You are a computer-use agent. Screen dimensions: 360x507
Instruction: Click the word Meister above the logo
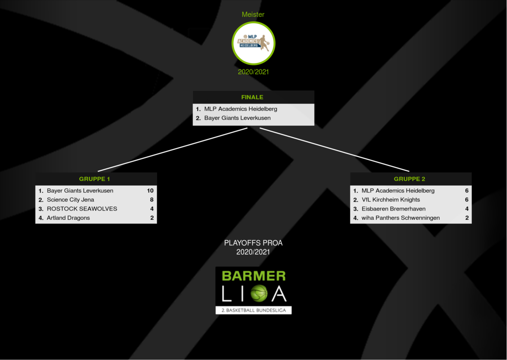click(x=253, y=14)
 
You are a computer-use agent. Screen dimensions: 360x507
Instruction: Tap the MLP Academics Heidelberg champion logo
click(x=253, y=43)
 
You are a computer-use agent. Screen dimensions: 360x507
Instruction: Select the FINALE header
click(x=253, y=97)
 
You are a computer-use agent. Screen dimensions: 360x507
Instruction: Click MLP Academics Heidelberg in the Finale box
click(x=241, y=109)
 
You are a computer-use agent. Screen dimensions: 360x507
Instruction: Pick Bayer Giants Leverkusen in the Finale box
click(x=237, y=118)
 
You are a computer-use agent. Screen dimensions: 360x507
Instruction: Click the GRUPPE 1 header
click(x=96, y=179)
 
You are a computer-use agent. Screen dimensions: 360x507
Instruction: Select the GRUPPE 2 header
click(x=410, y=179)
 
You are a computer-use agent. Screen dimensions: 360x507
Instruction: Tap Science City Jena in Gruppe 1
click(x=70, y=200)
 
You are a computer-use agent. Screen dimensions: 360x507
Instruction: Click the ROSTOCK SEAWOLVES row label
click(x=82, y=208)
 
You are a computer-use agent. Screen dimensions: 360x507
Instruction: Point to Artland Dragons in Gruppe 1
click(x=68, y=218)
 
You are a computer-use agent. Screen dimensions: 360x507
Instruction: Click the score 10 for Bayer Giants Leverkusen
click(x=151, y=191)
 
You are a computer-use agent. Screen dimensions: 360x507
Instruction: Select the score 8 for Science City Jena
click(x=152, y=200)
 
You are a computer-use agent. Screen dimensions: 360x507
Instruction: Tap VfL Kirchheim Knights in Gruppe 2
click(x=391, y=200)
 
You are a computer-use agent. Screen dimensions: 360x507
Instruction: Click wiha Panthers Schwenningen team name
click(x=401, y=218)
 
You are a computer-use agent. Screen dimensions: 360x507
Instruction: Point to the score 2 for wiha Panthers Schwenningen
click(x=467, y=218)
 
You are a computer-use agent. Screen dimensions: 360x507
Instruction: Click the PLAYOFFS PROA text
click(x=253, y=243)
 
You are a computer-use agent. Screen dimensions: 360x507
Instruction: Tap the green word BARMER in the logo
click(x=253, y=276)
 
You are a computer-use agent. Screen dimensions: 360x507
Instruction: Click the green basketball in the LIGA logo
click(x=258, y=294)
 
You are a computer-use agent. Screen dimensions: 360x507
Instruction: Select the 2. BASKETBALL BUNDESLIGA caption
click(x=253, y=310)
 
